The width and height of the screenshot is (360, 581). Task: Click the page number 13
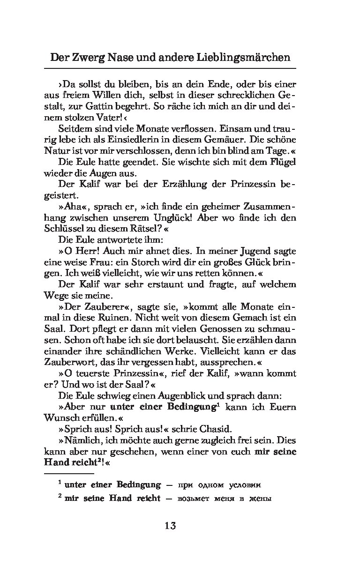pos(170,526)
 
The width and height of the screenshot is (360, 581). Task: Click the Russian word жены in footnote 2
pos(261,499)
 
